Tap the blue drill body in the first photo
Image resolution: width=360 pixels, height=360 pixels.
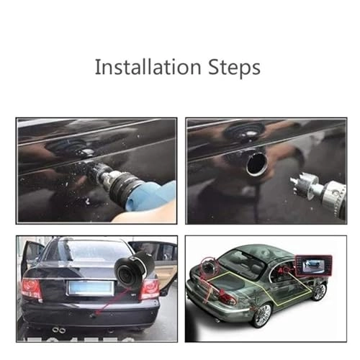(153, 195)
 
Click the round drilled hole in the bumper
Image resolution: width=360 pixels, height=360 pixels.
(256, 164)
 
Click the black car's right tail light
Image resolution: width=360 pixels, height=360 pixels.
(149, 288)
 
